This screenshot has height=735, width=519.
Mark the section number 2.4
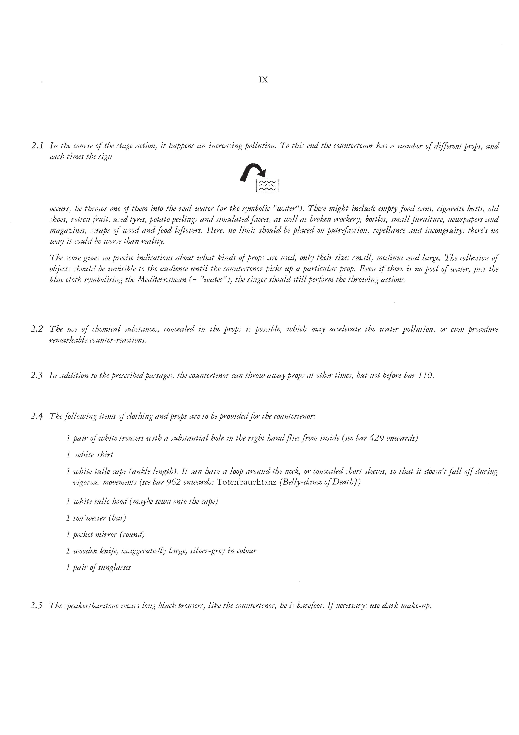click(x=37, y=417)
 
